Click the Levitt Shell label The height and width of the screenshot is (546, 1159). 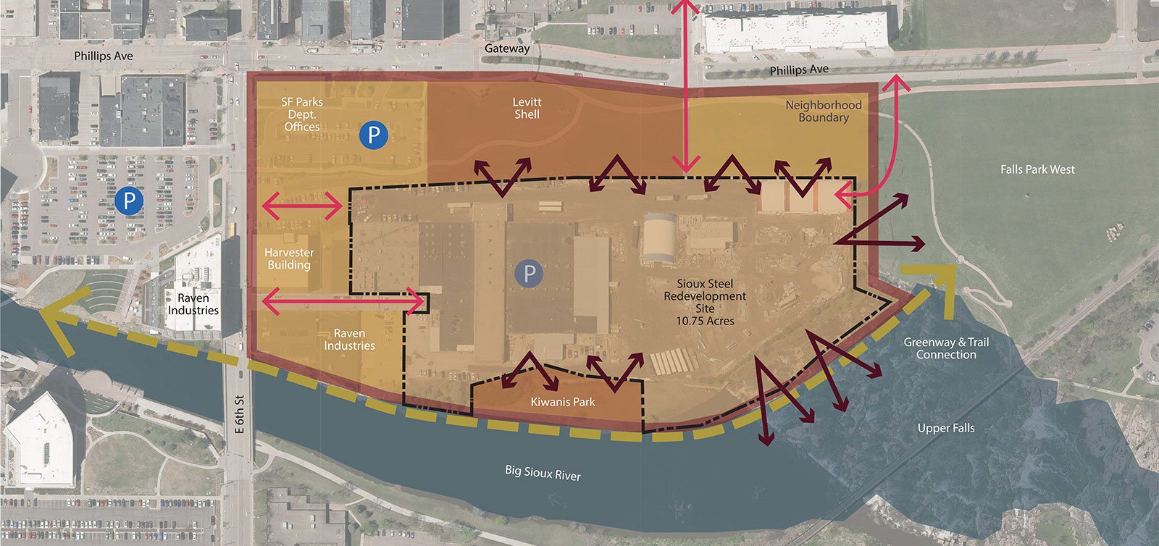click(x=527, y=108)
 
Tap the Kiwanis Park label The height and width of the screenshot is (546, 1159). click(x=562, y=402)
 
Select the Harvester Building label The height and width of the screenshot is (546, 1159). click(x=289, y=259)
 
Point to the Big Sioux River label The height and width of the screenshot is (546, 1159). click(x=543, y=473)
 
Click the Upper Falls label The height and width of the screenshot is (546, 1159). click(x=945, y=428)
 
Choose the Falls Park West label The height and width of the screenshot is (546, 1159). click(x=1037, y=169)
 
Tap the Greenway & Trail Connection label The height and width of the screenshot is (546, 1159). click(x=945, y=348)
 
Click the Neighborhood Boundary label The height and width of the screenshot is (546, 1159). click(x=824, y=111)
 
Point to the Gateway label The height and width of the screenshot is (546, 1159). click(x=507, y=49)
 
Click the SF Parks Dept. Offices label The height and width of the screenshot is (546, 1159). click(x=302, y=114)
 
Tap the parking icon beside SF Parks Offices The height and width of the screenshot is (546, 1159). click(x=373, y=135)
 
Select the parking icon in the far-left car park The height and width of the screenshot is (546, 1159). click(x=129, y=201)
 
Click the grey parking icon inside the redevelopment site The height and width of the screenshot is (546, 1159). click(x=529, y=274)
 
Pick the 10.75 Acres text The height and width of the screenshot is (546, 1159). click(x=705, y=321)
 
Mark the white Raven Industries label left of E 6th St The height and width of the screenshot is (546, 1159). click(x=193, y=304)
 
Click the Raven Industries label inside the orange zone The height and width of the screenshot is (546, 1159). click(x=349, y=340)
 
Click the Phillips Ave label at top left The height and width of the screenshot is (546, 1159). click(x=104, y=56)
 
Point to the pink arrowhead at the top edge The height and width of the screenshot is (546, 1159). click(x=686, y=7)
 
